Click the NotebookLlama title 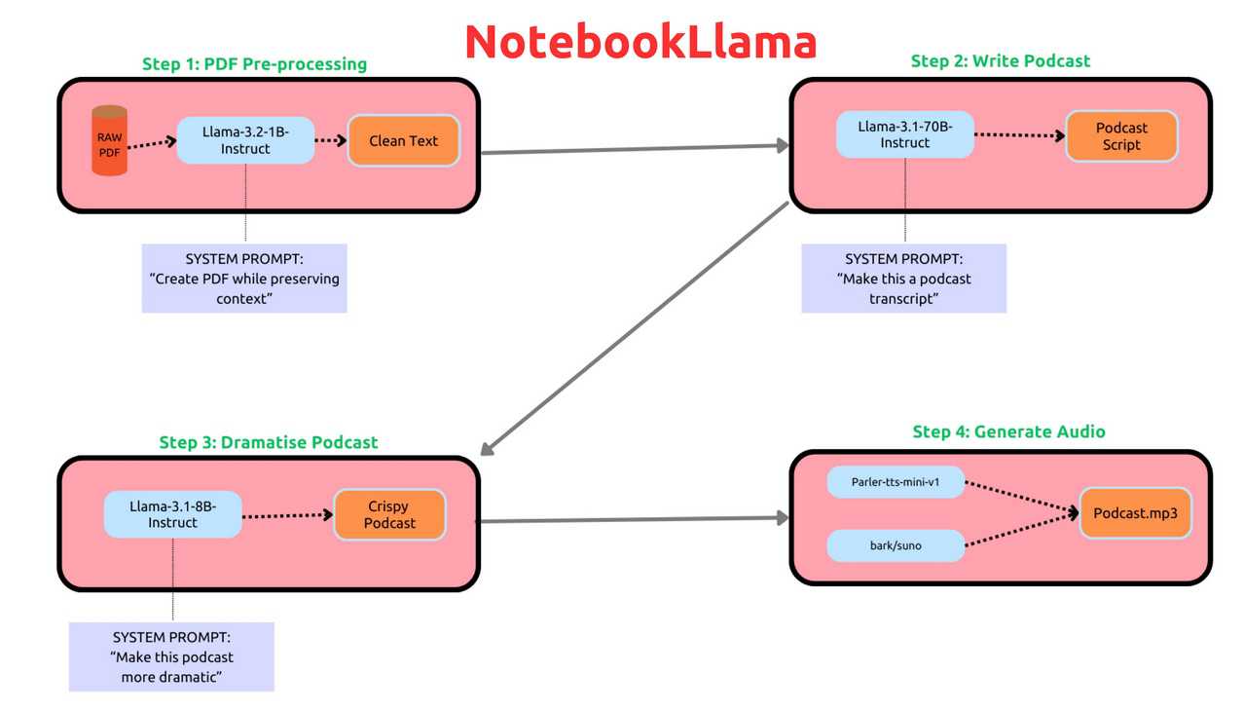coord(640,41)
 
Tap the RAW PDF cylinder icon coord(109,140)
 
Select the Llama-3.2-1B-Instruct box coord(245,140)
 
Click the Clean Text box coord(403,141)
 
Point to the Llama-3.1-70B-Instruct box coord(905,134)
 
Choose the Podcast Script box coord(1121,136)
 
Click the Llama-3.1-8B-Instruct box coord(172,514)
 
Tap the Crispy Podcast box coord(389,514)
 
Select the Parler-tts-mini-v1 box coord(896,482)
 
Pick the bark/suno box coord(896,545)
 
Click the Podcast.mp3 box coord(1135,513)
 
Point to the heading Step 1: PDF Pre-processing coord(255,64)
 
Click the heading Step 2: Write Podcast coord(1001,60)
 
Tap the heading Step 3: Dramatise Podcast coord(269,442)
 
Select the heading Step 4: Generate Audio coord(1008,431)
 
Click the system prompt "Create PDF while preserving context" coord(244,279)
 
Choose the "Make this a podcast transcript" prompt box coord(903,279)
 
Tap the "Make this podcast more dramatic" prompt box coord(171,656)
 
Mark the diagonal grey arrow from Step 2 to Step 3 coord(635,328)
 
